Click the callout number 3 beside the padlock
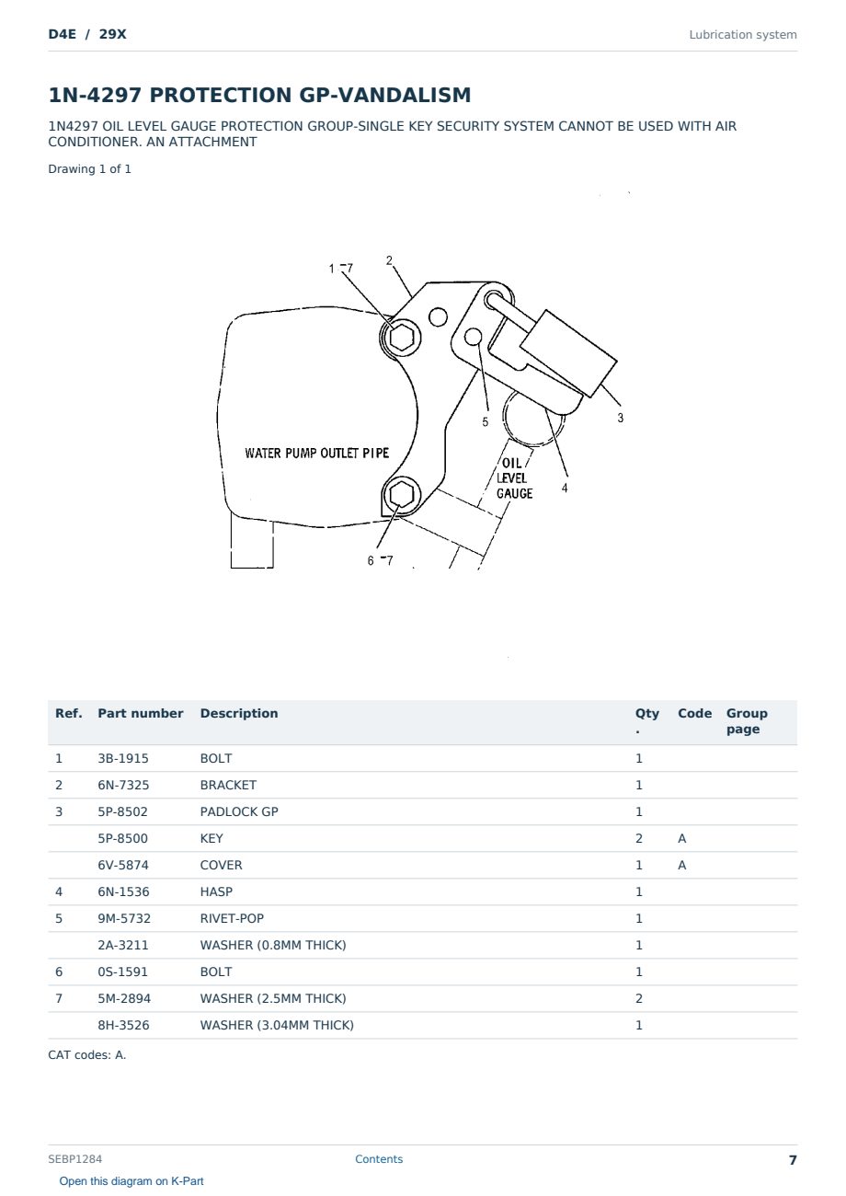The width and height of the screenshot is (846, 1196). (x=620, y=418)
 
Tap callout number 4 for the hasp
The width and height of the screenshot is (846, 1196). (x=565, y=488)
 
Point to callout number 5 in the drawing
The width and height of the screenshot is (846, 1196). (x=486, y=421)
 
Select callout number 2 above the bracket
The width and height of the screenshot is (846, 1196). (x=389, y=260)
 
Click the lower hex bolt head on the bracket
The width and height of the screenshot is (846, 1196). (x=401, y=495)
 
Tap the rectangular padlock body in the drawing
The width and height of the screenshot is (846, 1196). (x=568, y=353)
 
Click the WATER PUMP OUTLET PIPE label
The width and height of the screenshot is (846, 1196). (x=317, y=454)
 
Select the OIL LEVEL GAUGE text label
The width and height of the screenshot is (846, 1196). (x=513, y=478)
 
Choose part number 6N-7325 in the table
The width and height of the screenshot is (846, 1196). (x=123, y=785)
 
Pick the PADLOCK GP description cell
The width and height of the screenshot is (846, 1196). (x=239, y=811)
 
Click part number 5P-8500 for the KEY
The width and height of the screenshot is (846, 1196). (x=123, y=838)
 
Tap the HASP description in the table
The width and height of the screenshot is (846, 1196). (x=216, y=891)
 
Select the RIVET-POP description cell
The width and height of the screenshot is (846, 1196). (x=232, y=918)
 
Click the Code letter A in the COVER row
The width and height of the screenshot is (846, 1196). (x=682, y=865)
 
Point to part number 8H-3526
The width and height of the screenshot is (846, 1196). (x=123, y=1025)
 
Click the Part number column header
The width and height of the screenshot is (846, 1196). (x=141, y=713)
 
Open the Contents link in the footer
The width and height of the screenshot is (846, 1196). (x=379, y=1159)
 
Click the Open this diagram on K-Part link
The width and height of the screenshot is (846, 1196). (x=131, y=1181)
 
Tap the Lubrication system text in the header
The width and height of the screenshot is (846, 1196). (x=743, y=35)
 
